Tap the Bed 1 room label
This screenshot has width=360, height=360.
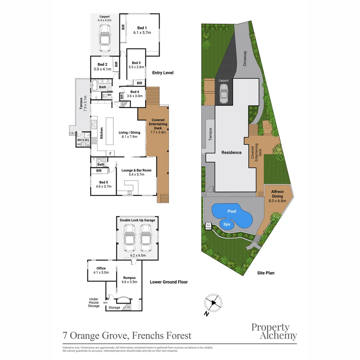point(142,28)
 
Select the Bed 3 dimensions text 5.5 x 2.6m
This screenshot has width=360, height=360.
point(136,67)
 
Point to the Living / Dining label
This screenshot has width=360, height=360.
point(129,132)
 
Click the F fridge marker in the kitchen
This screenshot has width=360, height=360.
point(110,153)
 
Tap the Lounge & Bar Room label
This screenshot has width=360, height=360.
point(136,170)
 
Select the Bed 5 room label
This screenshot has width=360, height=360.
point(103,182)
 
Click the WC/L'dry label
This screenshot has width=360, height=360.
point(83,140)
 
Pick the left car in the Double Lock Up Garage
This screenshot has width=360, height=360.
point(129,238)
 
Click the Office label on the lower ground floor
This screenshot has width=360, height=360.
point(101,268)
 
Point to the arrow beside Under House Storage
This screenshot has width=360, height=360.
point(105,303)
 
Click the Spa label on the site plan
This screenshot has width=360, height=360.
point(227,224)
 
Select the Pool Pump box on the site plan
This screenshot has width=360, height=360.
point(208,226)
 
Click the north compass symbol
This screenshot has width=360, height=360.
point(213,303)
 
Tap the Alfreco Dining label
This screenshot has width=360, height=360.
point(277,194)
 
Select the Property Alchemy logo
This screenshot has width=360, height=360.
point(274,331)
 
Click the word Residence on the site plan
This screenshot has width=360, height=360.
point(231,152)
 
